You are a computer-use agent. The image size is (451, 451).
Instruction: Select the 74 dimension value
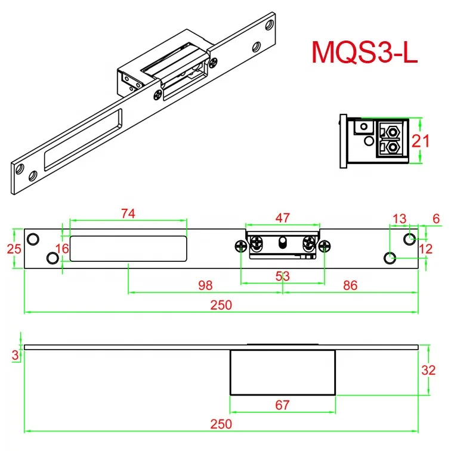[x=128, y=214]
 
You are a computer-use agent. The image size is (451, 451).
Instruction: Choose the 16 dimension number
[x=63, y=249]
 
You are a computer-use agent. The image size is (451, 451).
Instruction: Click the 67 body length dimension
[x=282, y=405]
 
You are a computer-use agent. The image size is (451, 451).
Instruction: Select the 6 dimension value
[x=436, y=218]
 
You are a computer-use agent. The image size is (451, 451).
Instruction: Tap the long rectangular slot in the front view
[x=128, y=249]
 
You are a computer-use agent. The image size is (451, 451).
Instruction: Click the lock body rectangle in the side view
[x=282, y=372]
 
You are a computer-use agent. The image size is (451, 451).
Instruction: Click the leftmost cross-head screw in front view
[x=240, y=246]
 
